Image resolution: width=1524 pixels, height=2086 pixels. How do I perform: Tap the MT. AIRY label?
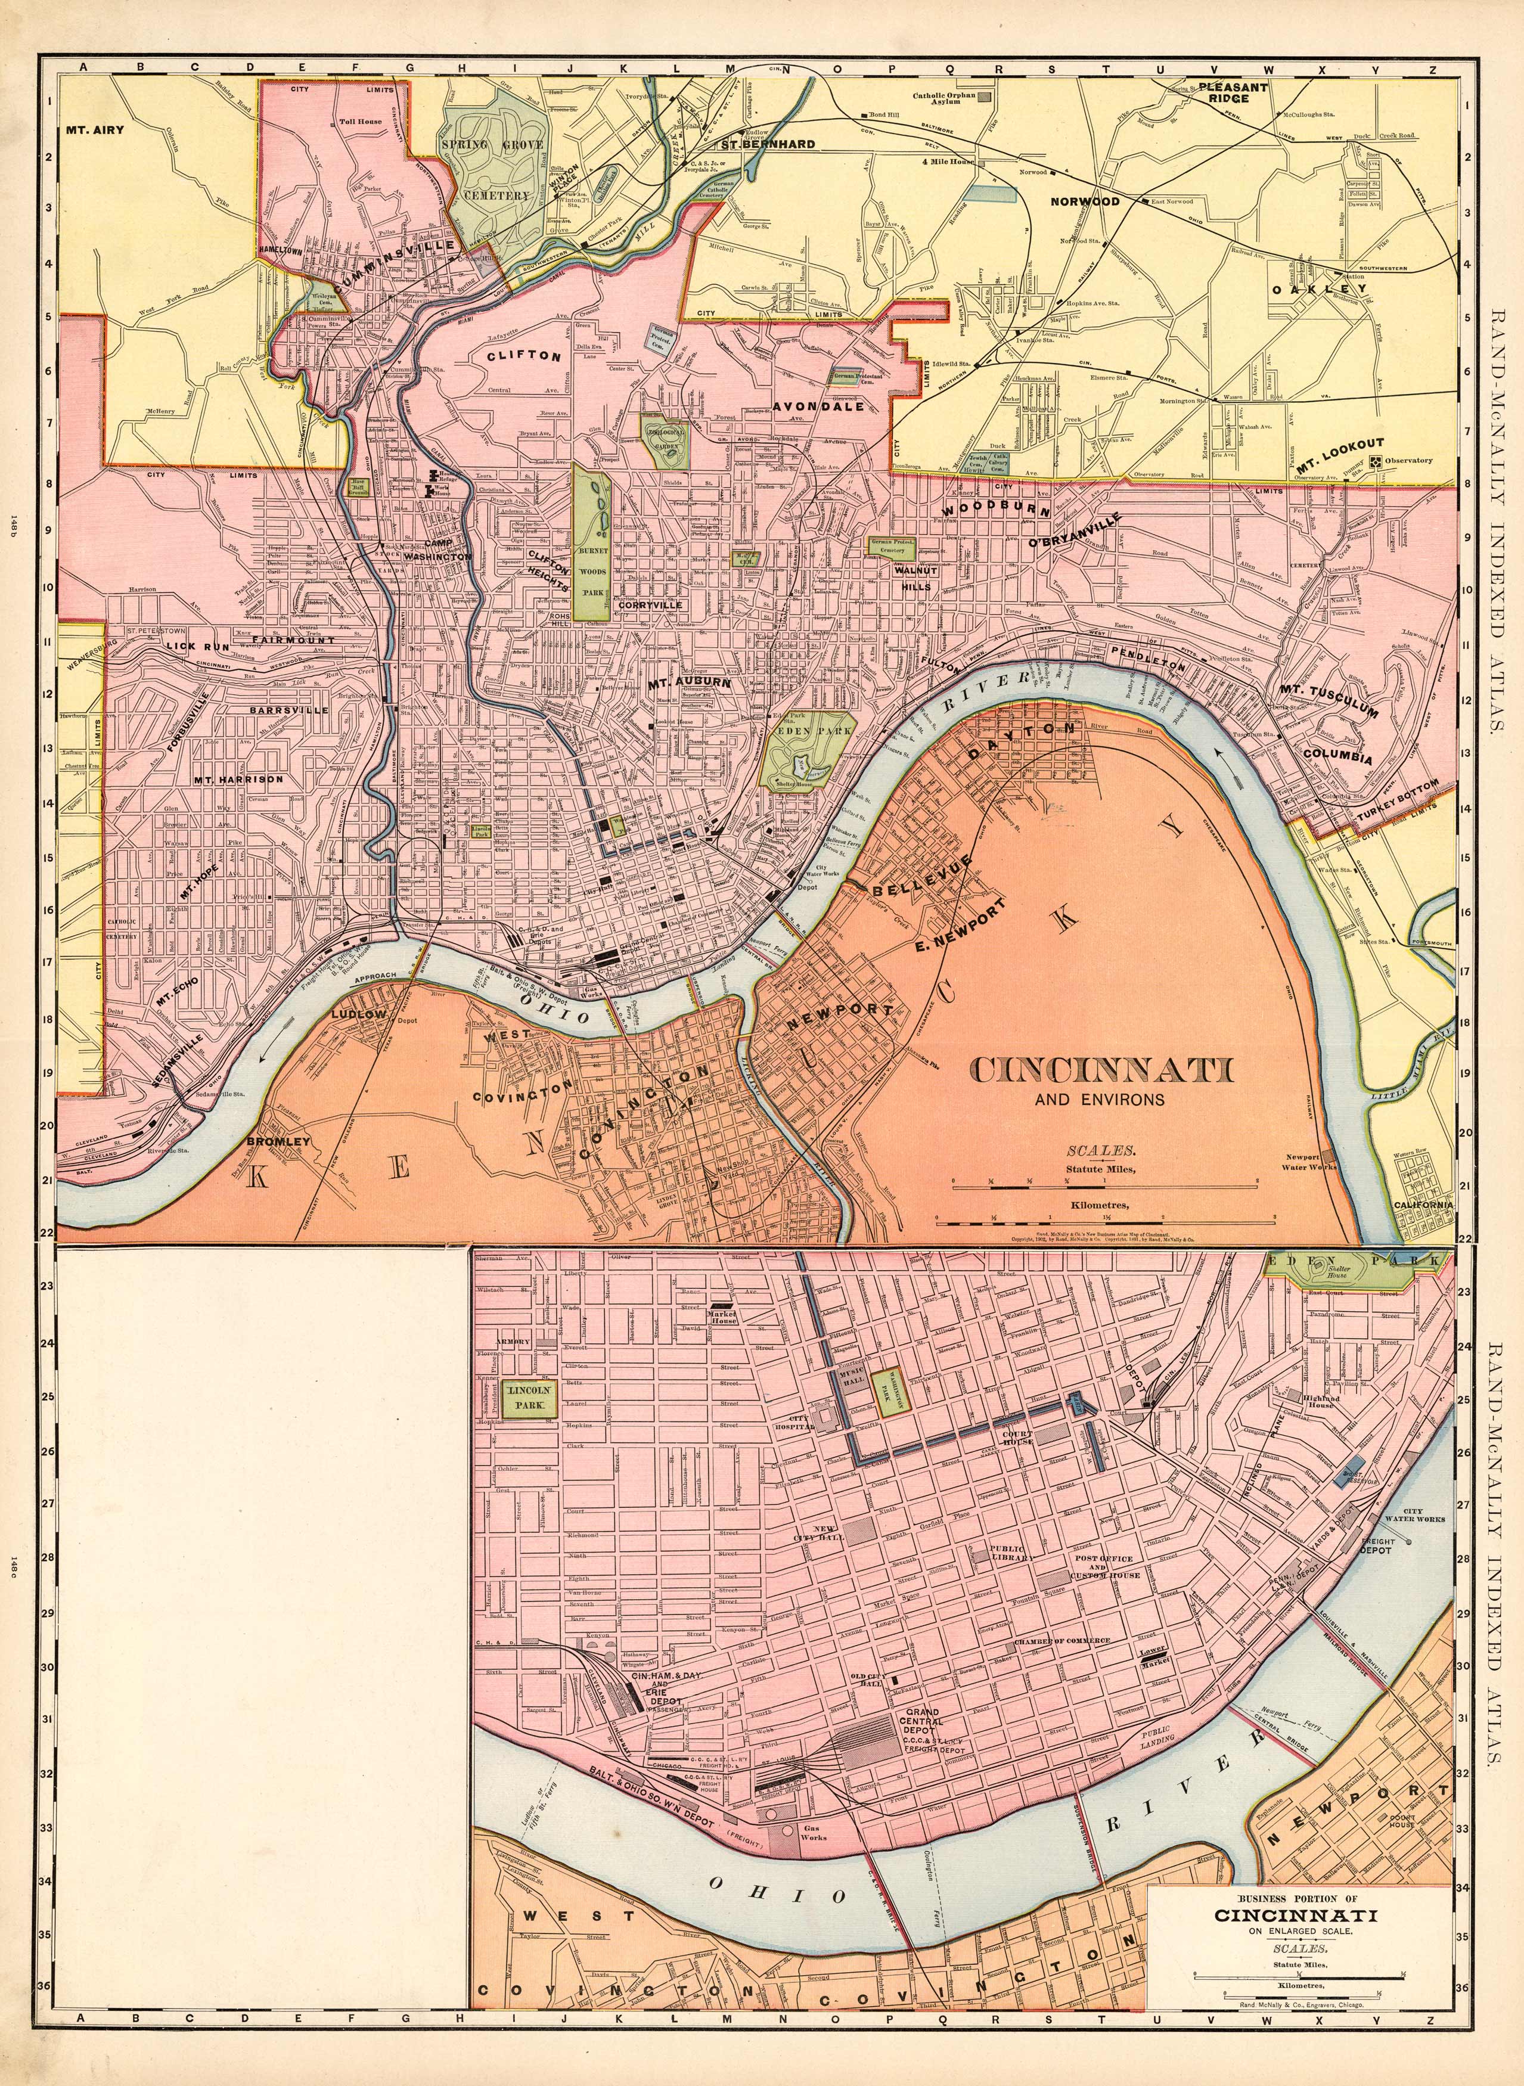94,130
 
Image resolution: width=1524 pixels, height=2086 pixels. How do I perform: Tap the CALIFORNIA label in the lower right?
1423,1205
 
